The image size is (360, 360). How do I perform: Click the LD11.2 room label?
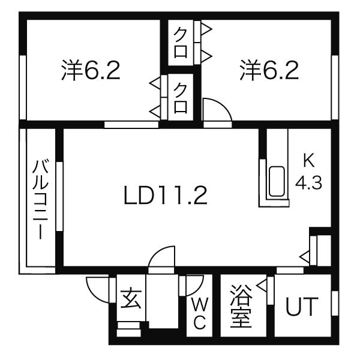[x=166, y=196]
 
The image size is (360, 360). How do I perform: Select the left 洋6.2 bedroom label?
[x=91, y=70]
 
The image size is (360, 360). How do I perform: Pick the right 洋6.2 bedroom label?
[x=269, y=70]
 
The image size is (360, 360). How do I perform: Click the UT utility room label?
[x=302, y=307]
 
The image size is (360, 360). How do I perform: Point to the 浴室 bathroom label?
[x=241, y=306]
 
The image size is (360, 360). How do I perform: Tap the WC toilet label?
[x=200, y=314]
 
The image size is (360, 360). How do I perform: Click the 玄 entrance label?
[x=131, y=298]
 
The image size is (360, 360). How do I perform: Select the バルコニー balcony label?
[x=41, y=200]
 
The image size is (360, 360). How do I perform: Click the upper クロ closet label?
[x=181, y=44]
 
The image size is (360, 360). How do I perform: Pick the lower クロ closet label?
[x=180, y=98]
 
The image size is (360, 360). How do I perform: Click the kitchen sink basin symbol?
[x=277, y=181]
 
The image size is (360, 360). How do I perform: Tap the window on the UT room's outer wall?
[x=335, y=303]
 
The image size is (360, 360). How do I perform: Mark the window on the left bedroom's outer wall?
[x=23, y=87]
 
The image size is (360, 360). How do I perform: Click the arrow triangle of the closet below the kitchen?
[x=304, y=257]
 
